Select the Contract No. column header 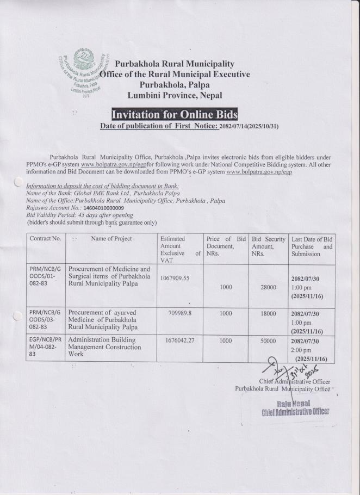(45, 238)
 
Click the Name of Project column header (111, 238)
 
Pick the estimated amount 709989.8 (179, 313)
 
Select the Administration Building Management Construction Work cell (107, 347)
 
